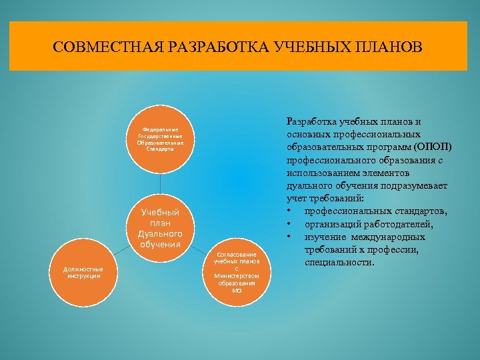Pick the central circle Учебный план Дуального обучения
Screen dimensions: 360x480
pos(160,227)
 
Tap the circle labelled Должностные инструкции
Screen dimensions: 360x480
pos(83,272)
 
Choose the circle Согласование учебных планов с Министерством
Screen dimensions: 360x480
pos(237,272)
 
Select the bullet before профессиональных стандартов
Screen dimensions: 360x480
pos(289,212)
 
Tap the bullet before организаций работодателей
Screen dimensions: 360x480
pos(289,225)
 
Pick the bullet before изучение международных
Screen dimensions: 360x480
pos(289,237)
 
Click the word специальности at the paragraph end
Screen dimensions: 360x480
pos(340,263)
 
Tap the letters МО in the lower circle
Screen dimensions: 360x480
pos(237,291)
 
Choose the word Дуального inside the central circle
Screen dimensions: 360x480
pos(160,234)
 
